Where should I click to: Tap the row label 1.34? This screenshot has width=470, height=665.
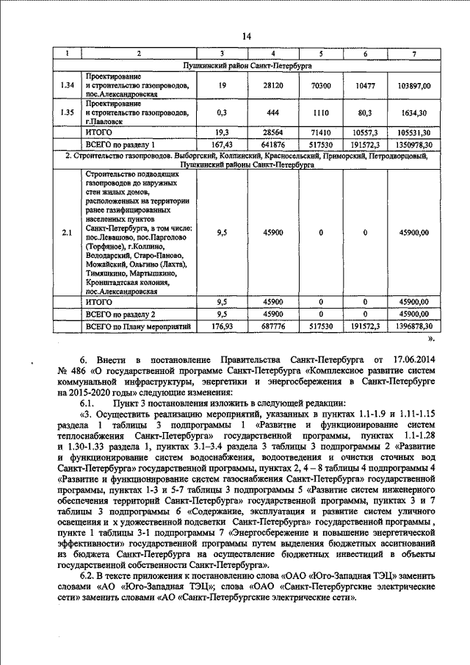pyautogui.click(x=66, y=86)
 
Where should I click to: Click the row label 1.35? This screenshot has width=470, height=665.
pyautogui.click(x=66, y=113)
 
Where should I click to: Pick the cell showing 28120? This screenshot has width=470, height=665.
pyautogui.click(x=273, y=86)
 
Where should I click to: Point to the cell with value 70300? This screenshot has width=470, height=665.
pyautogui.click(x=320, y=86)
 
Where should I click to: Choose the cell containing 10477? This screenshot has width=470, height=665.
pyautogui.click(x=365, y=86)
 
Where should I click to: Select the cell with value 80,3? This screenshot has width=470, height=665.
pyautogui.click(x=365, y=113)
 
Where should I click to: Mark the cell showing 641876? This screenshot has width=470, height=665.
pyautogui.click(x=273, y=144)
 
